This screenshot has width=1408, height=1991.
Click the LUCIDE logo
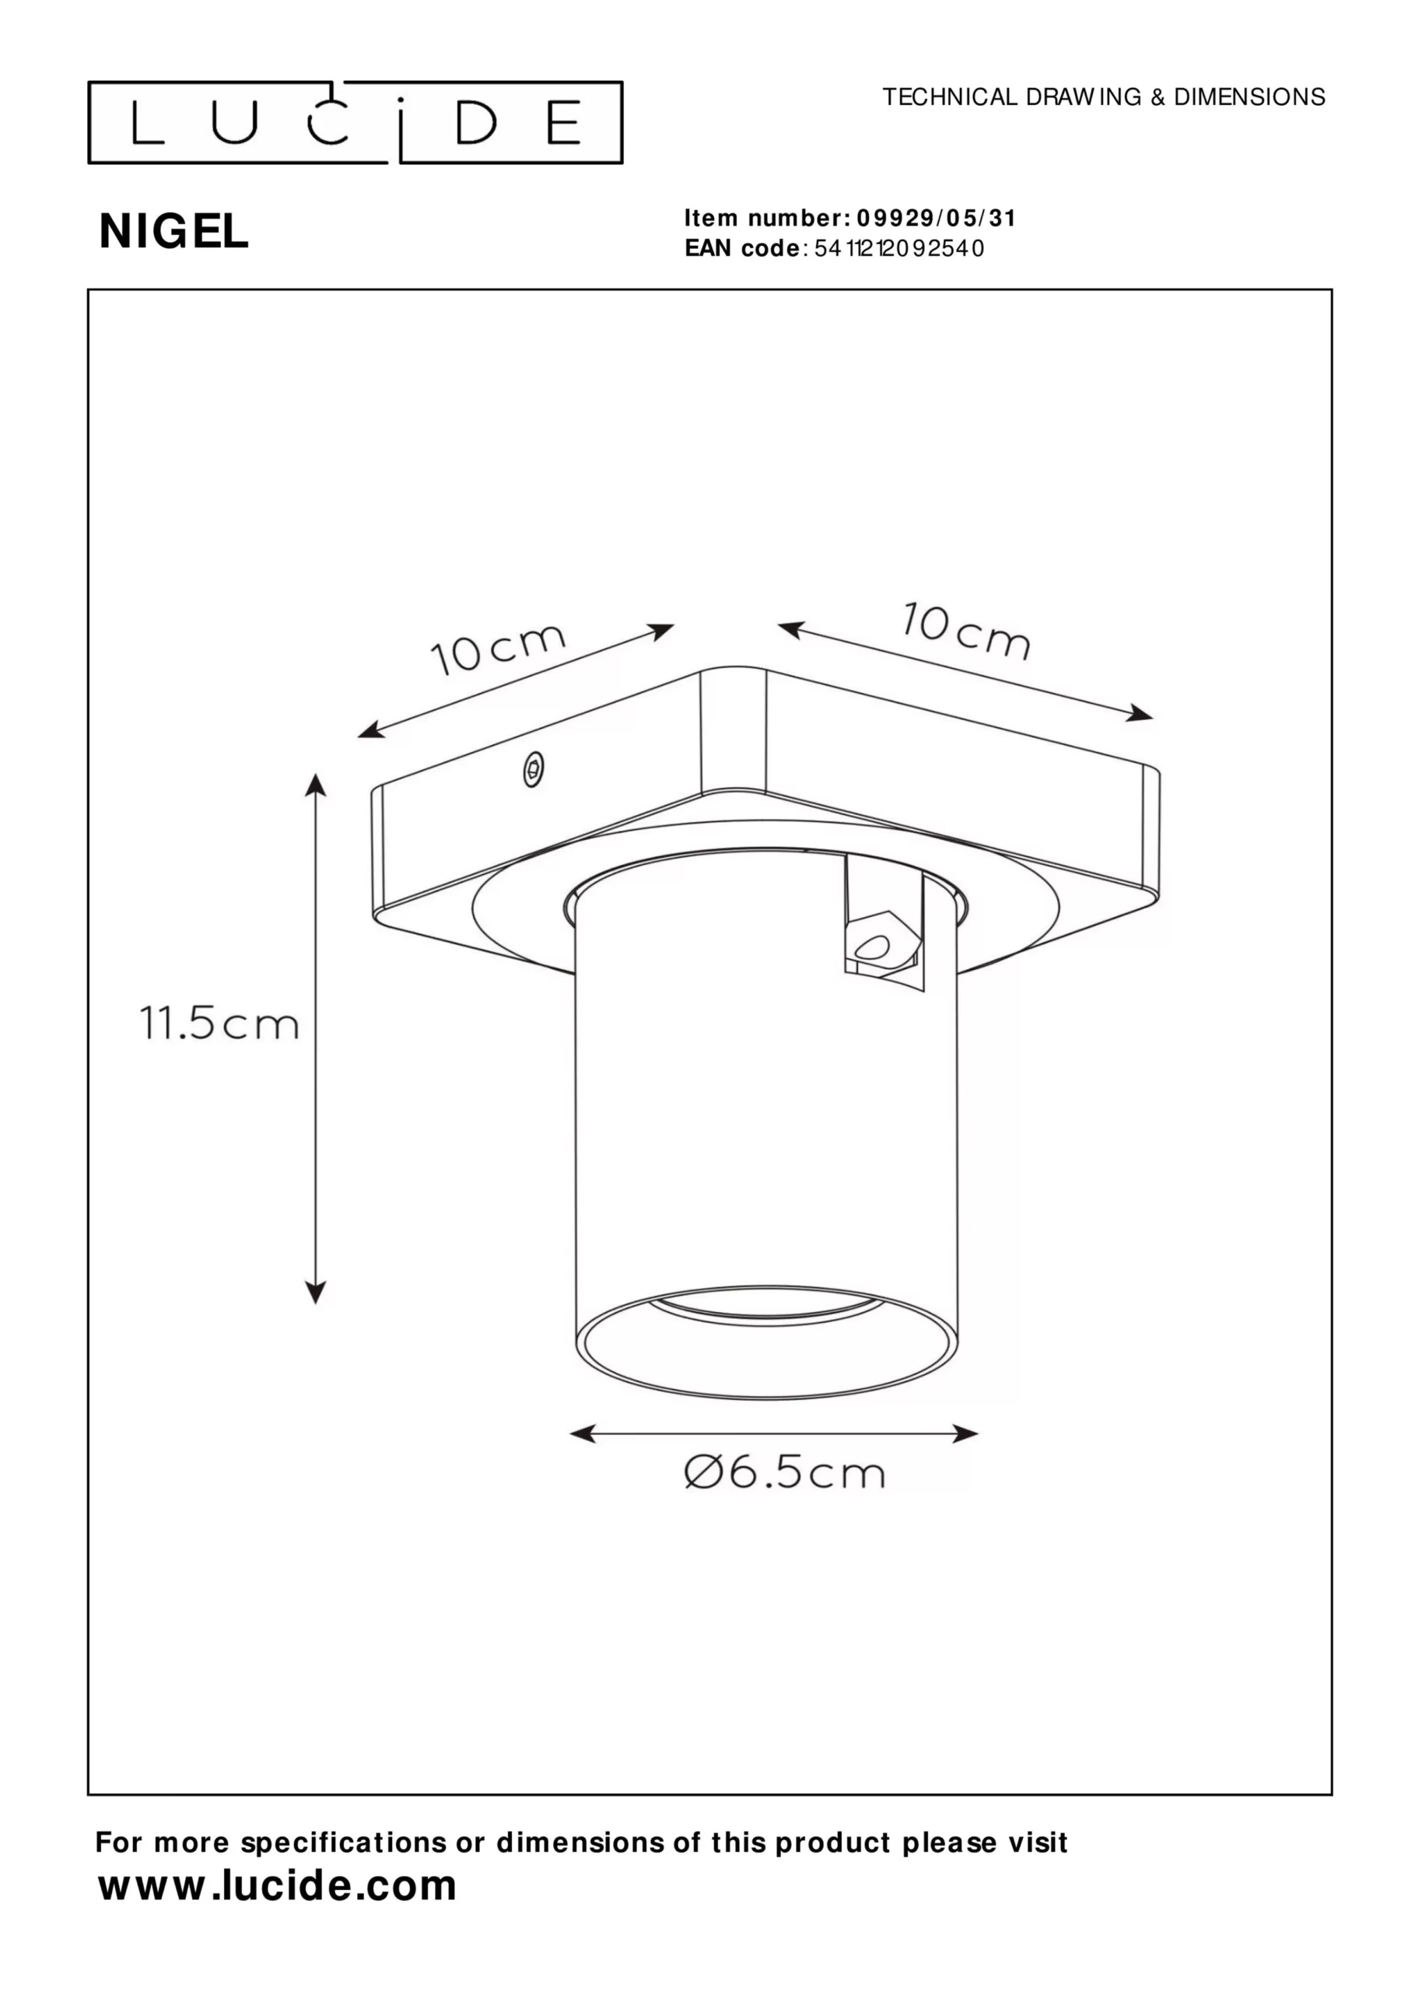coord(355,122)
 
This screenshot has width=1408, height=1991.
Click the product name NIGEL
coord(173,232)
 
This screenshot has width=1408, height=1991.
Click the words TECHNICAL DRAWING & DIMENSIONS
coord(1104,97)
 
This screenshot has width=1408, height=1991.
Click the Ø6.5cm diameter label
coord(784,1472)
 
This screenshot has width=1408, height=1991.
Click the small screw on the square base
coord(534,768)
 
